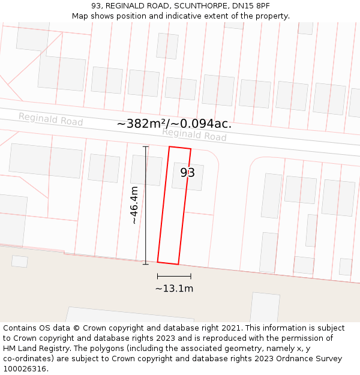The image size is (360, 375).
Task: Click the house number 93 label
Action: click(188, 173)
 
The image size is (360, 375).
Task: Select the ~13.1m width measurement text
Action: click(174, 289)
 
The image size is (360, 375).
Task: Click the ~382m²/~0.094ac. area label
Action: click(174, 124)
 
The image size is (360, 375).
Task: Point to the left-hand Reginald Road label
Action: click(50, 119)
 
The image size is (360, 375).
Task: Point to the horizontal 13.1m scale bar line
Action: click(174, 277)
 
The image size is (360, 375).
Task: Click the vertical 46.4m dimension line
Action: click(146, 205)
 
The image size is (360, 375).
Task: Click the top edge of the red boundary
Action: click(180, 148)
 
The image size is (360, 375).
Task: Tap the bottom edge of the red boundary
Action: click(168, 263)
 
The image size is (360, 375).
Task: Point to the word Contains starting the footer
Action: click(21, 328)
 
